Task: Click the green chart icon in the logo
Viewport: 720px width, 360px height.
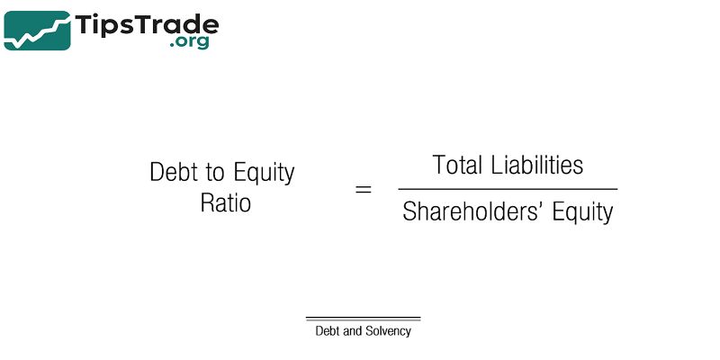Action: (x=37, y=31)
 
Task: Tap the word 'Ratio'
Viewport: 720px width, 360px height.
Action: (x=225, y=203)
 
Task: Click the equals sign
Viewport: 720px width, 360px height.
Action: (x=363, y=190)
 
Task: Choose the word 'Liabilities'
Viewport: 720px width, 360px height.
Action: (x=538, y=166)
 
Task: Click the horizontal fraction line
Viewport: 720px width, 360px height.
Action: (x=508, y=189)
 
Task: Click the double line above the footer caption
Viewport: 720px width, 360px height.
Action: (x=363, y=319)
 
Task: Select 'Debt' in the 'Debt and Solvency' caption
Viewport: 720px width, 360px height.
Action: (x=328, y=331)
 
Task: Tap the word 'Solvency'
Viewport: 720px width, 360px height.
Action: (x=389, y=331)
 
